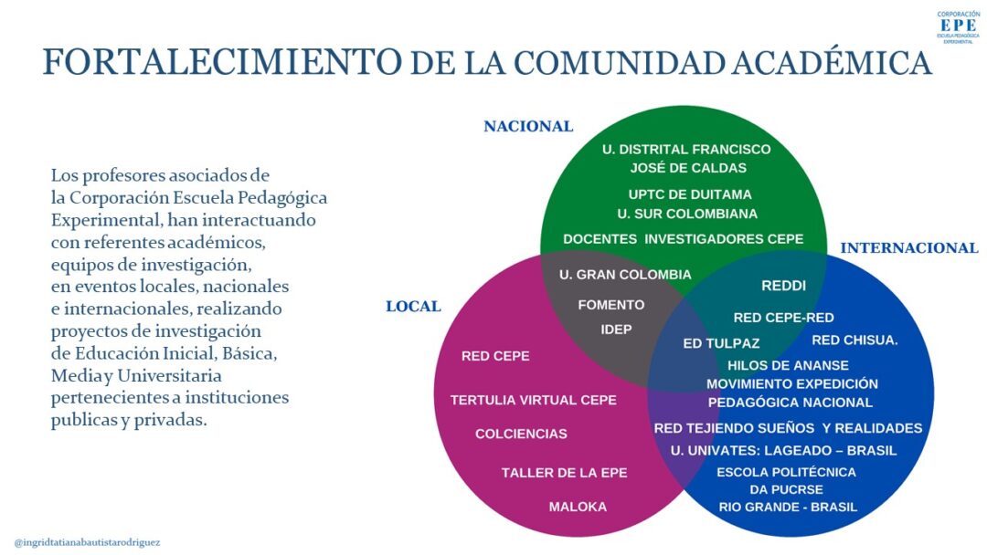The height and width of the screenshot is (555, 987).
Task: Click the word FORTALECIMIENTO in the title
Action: (222, 62)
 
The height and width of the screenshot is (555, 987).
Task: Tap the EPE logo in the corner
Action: (958, 26)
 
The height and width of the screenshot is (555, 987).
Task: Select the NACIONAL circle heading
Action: (528, 126)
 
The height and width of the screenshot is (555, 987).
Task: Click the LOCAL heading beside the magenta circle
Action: (413, 307)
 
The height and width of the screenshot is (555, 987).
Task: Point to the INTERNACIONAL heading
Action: (909, 248)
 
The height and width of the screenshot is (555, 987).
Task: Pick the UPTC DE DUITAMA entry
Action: (689, 194)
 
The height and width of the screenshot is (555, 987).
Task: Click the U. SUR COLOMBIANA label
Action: (686, 214)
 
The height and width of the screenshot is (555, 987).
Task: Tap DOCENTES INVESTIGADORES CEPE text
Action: (683, 239)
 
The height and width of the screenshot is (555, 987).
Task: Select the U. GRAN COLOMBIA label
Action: (625, 275)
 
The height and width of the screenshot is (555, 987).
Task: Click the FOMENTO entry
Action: (611, 305)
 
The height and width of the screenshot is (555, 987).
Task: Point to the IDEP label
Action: (616, 330)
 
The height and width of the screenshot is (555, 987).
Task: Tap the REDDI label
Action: (784, 286)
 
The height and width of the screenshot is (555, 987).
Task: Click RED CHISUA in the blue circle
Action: (854, 340)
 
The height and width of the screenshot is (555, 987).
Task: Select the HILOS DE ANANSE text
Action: (788, 365)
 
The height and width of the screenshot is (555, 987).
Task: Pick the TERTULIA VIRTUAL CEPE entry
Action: (533, 400)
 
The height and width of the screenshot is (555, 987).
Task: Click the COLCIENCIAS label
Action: (521, 434)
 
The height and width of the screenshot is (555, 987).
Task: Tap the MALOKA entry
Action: (578, 507)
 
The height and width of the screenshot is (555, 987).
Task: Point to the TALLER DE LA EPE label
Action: (564, 473)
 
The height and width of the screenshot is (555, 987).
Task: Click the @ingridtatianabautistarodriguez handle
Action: (87, 542)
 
